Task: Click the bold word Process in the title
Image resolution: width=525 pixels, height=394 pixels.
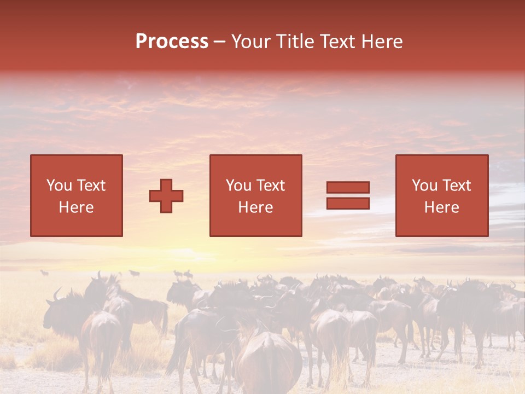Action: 172,42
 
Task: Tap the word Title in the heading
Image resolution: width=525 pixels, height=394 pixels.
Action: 295,42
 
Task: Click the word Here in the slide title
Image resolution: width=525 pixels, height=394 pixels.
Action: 383,42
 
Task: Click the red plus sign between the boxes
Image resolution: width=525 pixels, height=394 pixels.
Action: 166,196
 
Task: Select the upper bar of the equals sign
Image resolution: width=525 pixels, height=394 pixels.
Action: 348,187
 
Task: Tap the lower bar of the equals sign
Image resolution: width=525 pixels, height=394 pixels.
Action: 348,204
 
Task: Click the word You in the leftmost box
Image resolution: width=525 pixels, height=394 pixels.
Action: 60,186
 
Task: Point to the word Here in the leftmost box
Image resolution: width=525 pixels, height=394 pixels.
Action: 76,207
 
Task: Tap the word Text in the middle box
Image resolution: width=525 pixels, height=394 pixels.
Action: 271,186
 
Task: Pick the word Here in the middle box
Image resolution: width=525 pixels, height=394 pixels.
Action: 255,207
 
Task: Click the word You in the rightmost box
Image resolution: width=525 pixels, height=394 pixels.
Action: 425,186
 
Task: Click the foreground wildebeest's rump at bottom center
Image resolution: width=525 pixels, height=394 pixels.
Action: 268,361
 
